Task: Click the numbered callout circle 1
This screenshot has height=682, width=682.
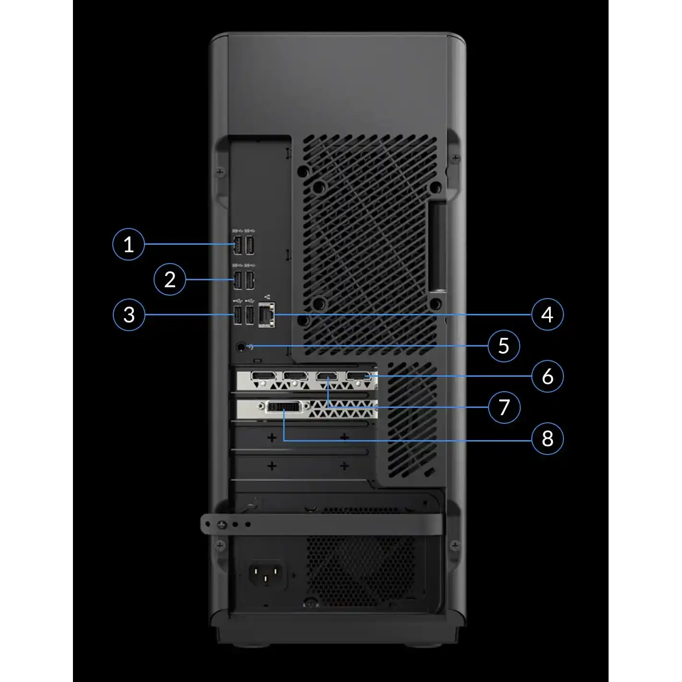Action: (129, 244)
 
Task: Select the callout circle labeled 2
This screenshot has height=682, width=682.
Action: (170, 279)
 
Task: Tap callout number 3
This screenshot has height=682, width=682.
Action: (129, 315)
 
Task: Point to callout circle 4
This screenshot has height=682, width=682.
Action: (548, 314)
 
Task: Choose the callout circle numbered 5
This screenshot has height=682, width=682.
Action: (503, 346)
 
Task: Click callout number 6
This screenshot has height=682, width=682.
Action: (548, 376)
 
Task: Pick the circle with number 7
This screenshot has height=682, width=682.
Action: (504, 407)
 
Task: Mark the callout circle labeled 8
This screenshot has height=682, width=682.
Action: (548, 439)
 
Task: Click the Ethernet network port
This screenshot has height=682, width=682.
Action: (267, 315)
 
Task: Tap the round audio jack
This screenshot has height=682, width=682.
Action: (241, 347)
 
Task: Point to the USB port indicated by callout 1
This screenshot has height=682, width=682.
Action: (237, 245)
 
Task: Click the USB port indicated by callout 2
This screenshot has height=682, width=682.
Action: (238, 280)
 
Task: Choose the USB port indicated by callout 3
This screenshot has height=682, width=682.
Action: (238, 315)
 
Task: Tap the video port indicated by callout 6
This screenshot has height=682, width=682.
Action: (358, 376)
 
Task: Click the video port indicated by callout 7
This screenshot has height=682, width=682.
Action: (327, 376)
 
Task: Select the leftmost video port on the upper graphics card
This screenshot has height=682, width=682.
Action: (263, 376)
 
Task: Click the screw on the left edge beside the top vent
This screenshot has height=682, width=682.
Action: (220, 172)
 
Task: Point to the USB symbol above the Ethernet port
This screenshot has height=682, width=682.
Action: (267, 297)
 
